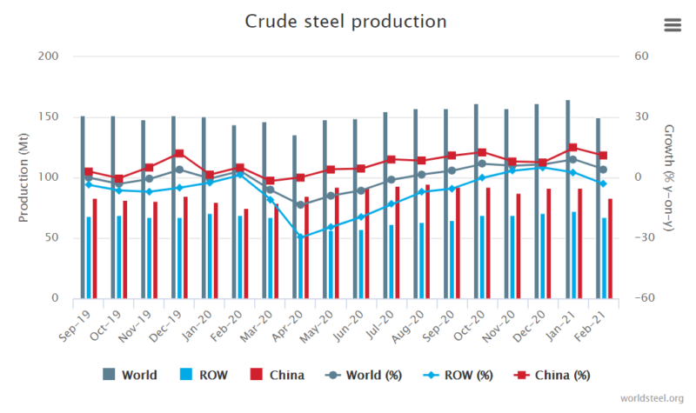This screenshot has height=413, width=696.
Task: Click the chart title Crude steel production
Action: pos(345,21)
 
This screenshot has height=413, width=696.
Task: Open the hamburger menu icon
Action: pos(672,24)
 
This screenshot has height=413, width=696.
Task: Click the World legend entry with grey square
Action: pos(130,376)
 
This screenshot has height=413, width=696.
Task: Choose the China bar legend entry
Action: pos(277,376)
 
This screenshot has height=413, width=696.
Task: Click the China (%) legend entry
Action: pos(553,376)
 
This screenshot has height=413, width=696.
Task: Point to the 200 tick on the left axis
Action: pos(49,57)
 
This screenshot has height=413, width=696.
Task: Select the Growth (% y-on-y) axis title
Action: pos(669,177)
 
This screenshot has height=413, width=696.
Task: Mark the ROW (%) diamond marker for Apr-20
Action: pos(300,236)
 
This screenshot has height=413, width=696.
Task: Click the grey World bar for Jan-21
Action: pos(567,199)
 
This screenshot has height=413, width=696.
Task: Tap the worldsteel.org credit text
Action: pos(652,398)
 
